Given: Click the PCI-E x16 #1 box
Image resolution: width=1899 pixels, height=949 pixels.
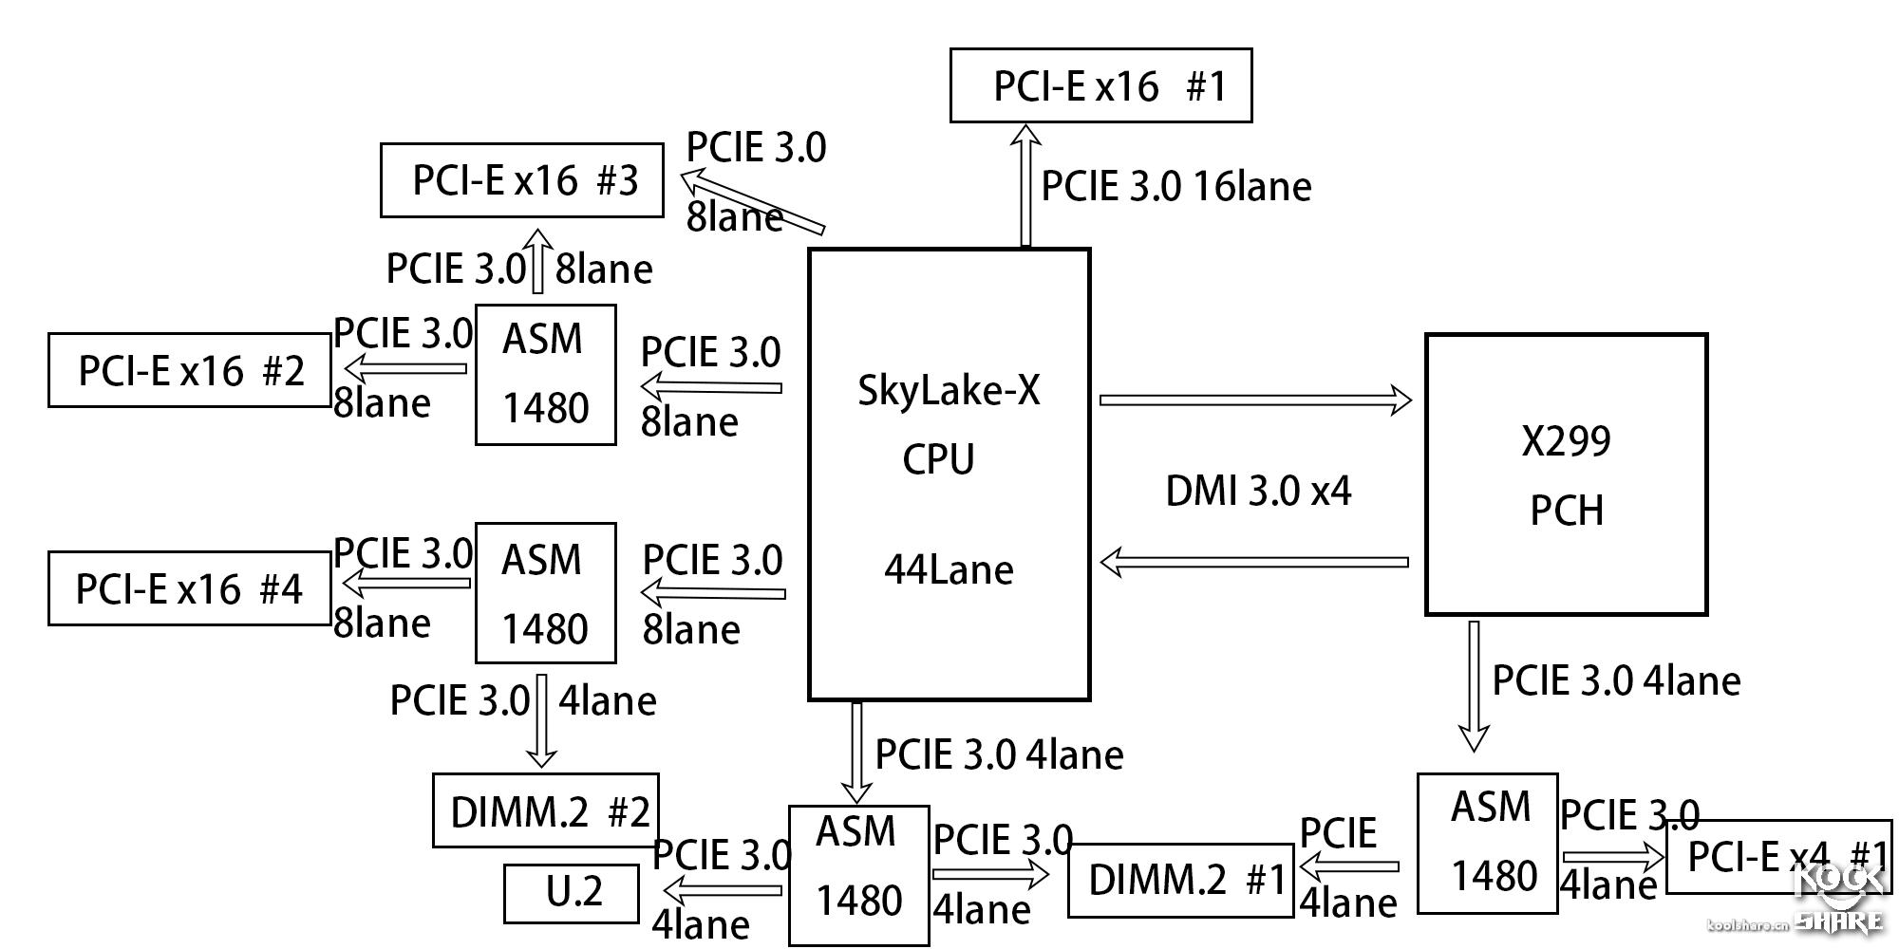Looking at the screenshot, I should click(x=1100, y=85).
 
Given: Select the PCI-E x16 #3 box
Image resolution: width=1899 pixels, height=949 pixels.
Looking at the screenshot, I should click(x=521, y=180).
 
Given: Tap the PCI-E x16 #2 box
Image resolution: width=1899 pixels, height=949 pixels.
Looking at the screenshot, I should click(x=189, y=370).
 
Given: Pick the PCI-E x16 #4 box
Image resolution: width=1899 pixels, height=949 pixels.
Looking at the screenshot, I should click(x=189, y=588).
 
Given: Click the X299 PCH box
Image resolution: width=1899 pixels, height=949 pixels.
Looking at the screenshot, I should click(x=1566, y=474).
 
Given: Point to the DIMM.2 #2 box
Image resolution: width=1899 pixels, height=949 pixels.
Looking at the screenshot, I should click(x=546, y=810).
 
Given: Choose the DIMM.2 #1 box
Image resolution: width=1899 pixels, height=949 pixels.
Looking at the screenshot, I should click(x=1180, y=880).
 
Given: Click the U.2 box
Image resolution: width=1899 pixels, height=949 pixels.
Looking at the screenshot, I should click(x=571, y=893).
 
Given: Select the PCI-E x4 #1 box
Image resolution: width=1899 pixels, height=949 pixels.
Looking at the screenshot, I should click(x=1777, y=857).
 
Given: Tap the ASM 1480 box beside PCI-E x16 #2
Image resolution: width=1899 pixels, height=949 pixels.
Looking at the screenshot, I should click(x=545, y=374).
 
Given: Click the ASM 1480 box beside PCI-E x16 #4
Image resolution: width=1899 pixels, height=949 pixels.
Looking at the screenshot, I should click(x=545, y=592).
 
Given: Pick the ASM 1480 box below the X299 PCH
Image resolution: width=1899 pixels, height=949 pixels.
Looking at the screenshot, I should click(x=1487, y=844).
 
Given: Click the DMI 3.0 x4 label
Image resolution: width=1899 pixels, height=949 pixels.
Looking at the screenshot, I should click(x=1257, y=491).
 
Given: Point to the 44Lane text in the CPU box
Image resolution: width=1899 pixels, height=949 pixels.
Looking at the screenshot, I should click(x=949, y=569).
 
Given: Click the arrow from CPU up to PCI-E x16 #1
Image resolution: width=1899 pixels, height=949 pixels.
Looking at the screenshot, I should click(x=1025, y=185).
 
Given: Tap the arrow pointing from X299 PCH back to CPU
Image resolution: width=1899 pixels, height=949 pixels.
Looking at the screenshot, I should click(x=1253, y=562).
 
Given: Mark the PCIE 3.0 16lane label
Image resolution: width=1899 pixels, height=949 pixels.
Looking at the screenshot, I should click(x=1175, y=186).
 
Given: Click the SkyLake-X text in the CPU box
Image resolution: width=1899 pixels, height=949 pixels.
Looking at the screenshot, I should click(x=949, y=390).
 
